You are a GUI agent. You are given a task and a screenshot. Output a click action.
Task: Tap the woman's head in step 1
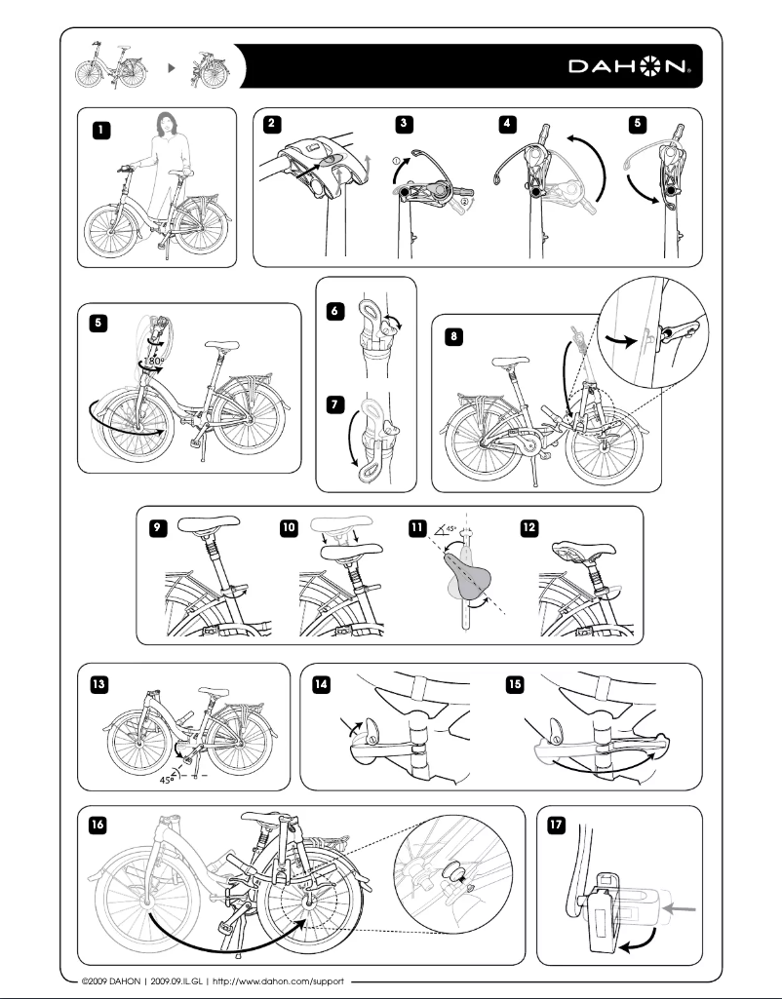(164, 124)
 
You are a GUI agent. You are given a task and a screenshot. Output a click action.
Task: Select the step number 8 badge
(453, 335)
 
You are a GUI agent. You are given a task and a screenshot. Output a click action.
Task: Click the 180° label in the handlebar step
(153, 361)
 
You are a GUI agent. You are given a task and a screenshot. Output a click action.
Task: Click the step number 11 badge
(416, 527)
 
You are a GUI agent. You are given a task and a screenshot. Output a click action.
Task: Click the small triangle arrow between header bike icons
(173, 68)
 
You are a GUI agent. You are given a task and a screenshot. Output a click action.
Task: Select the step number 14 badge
(321, 684)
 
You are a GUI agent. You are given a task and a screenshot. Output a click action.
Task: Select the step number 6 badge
(335, 309)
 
